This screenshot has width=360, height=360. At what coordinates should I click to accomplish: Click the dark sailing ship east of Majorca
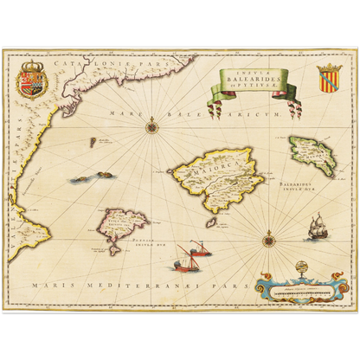316,227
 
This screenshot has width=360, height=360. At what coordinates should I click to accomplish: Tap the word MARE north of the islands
122,113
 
